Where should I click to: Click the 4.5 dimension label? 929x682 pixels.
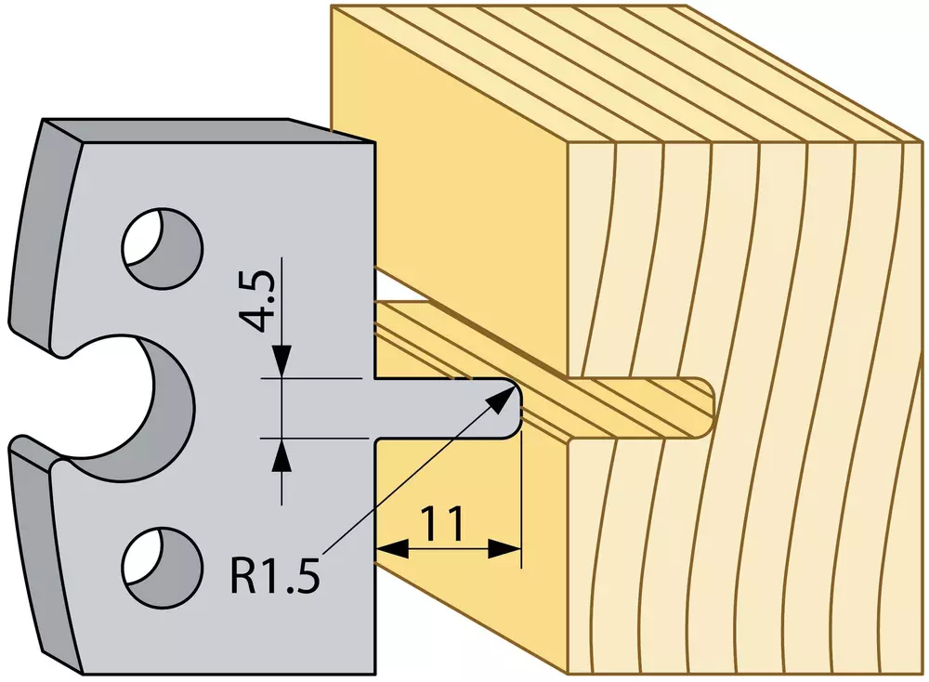(x=256, y=301)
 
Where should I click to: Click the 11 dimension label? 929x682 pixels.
(x=442, y=524)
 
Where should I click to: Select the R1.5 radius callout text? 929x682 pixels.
(x=274, y=573)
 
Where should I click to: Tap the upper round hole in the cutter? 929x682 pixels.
(x=162, y=248)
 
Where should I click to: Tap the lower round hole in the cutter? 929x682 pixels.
(x=162, y=567)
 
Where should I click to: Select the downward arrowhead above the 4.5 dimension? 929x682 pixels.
(x=281, y=361)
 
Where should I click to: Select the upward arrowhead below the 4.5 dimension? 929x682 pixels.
(x=281, y=455)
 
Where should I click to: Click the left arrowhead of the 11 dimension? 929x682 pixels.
(x=392, y=549)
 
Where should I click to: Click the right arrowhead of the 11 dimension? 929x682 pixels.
(x=504, y=549)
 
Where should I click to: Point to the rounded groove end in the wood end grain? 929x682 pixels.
(x=709, y=409)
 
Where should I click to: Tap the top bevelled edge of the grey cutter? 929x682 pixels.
(x=207, y=131)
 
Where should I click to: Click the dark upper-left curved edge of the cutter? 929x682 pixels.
(x=45, y=237)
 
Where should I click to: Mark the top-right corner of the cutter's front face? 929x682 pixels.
(x=373, y=143)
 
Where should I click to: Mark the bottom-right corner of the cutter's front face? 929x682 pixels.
(x=374, y=674)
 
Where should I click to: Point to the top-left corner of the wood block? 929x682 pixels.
(x=332, y=7)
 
